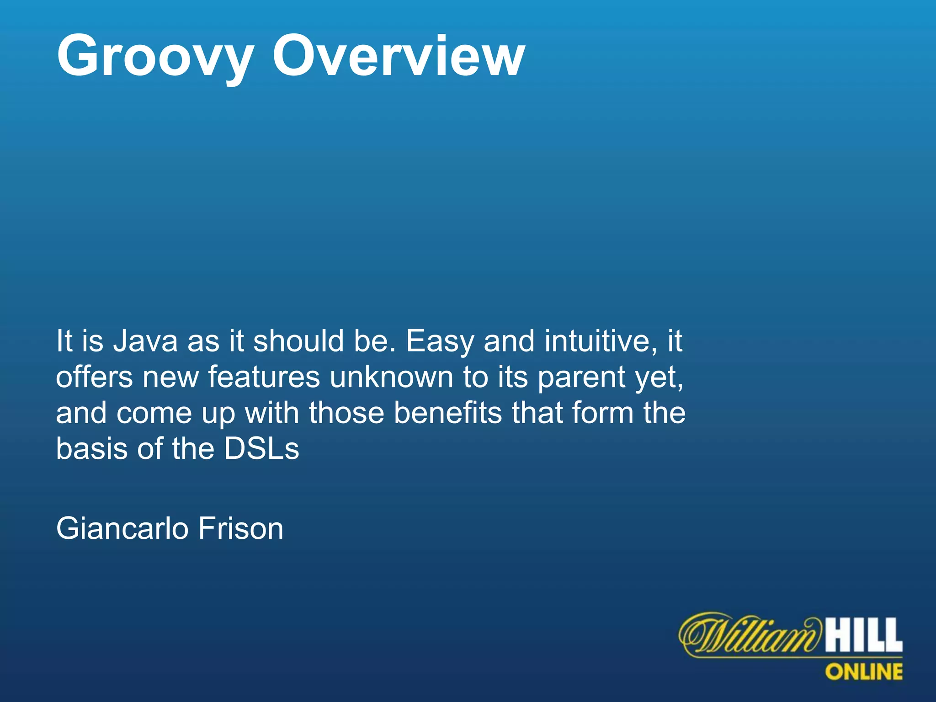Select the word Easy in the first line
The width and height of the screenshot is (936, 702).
click(440, 342)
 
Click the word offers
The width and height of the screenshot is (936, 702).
click(94, 377)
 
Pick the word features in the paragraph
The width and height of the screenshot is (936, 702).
click(264, 377)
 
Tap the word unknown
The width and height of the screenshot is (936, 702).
click(391, 377)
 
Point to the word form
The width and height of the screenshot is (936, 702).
click(602, 413)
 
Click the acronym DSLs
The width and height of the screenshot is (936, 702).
click(261, 448)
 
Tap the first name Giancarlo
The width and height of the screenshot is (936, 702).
click(122, 528)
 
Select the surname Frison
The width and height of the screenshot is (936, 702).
click(241, 528)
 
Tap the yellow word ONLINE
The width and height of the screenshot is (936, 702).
click(864, 672)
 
